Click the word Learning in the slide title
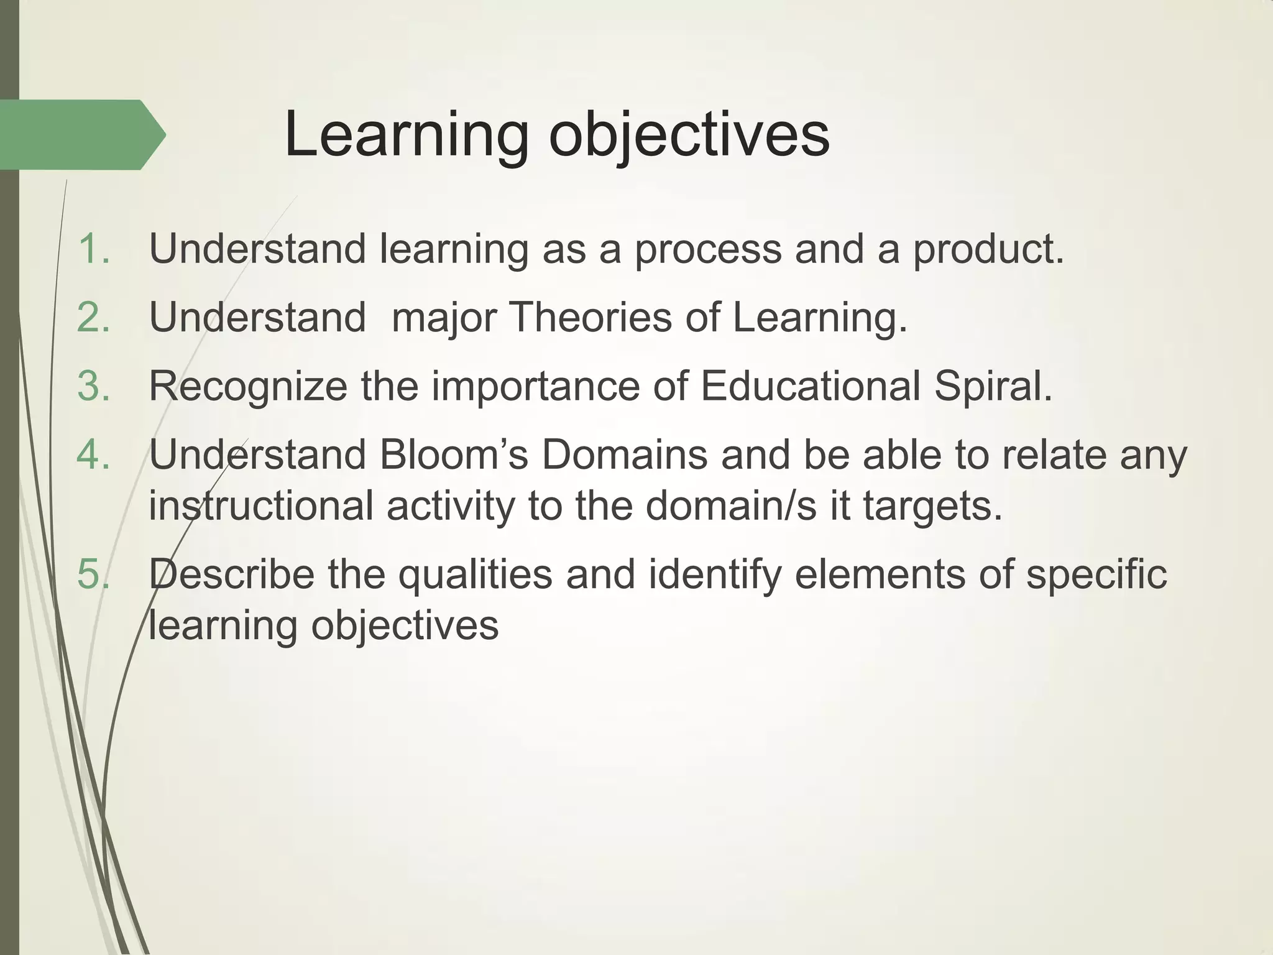click(406, 136)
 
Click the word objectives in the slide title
click(689, 136)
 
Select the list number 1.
click(93, 249)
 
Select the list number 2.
click(93, 318)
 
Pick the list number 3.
click(93, 386)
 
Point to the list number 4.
click(93, 455)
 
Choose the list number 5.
click(93, 574)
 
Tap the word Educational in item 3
click(810, 386)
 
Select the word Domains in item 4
click(624, 455)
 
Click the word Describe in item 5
click(232, 574)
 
